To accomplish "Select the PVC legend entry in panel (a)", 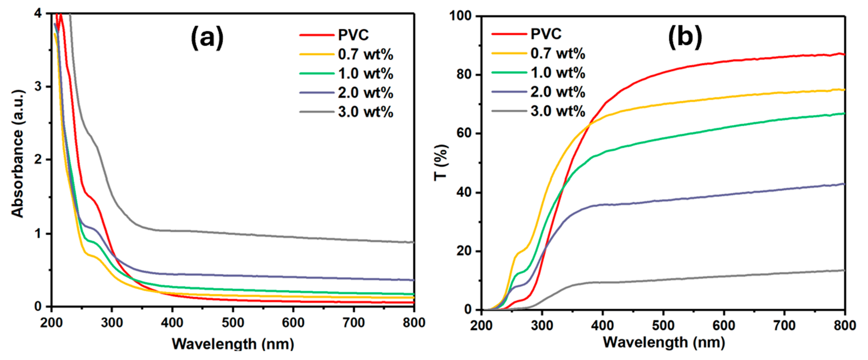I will tap(353, 35).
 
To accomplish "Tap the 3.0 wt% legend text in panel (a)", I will tap(366, 112).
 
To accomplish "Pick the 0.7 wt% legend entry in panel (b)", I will tap(558, 53).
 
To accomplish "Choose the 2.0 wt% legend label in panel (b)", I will tap(558, 92).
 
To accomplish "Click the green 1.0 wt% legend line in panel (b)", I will tap(509, 72).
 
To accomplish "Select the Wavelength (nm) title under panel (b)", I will tap(664, 342).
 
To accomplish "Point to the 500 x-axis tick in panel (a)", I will tap(233, 323).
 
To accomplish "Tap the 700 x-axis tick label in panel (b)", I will tap(784, 325).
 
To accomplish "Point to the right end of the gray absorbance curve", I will tap(413, 242).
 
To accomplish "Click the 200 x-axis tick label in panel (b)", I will tap(482, 325).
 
